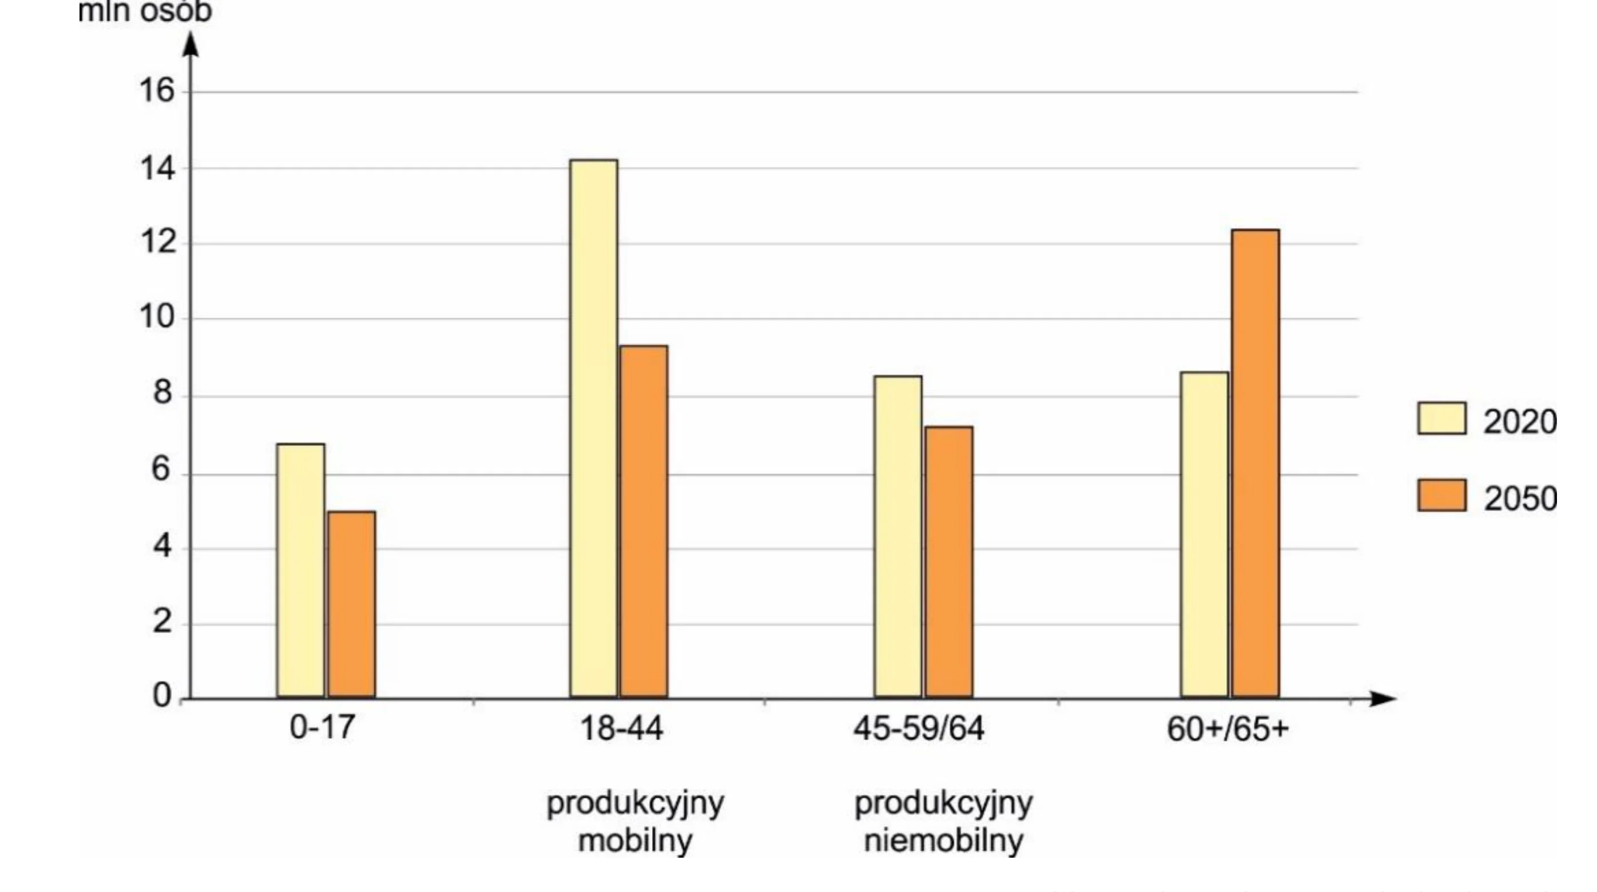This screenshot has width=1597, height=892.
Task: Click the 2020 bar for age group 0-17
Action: (301, 570)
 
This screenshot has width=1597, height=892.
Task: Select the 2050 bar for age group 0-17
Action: (352, 604)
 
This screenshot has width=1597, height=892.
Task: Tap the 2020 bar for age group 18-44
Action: (594, 428)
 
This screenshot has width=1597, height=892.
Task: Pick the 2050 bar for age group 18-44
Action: (645, 521)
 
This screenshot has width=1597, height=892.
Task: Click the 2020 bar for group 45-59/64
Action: (898, 536)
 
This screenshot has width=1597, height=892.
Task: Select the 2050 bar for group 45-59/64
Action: (949, 562)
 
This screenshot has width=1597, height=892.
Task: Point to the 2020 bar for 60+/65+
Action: (1205, 534)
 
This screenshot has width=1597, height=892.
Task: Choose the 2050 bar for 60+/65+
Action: (1256, 464)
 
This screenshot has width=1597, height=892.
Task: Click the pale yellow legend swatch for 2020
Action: (1442, 419)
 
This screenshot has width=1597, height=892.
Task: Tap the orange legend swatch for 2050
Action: (1442, 495)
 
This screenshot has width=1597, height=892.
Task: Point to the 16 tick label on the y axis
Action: (157, 91)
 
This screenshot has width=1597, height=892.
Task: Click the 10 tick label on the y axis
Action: (157, 317)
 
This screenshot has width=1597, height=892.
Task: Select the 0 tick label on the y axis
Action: (162, 695)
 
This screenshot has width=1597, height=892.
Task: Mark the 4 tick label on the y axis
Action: (162, 547)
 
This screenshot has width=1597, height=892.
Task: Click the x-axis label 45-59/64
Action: (919, 728)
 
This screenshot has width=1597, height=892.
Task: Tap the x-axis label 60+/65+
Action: (1227, 728)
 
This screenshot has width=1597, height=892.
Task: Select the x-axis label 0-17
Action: (323, 727)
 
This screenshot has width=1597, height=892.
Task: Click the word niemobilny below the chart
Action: (944, 841)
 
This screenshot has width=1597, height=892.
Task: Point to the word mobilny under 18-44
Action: (635, 841)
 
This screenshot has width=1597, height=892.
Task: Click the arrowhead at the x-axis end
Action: (1383, 699)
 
